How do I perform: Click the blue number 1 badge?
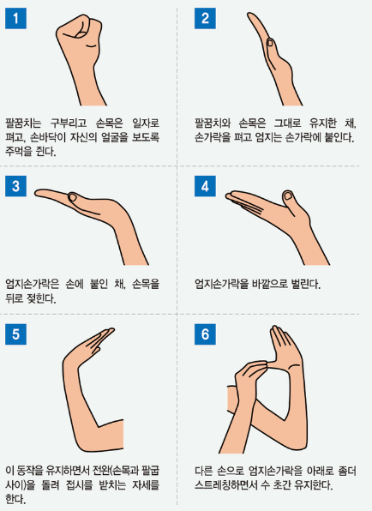tap(15, 18)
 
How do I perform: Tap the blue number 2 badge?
tap(205, 18)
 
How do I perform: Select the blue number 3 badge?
tap(15, 186)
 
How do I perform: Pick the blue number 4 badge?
tap(205, 186)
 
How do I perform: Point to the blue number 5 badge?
tap(15, 334)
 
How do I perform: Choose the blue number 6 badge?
tap(205, 334)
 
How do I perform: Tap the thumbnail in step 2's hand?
tap(270, 43)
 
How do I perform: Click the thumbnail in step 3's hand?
tap(72, 197)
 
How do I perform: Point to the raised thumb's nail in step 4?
tap(288, 195)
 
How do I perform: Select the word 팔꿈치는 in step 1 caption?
tap(23, 123)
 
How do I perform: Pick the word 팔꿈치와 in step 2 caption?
tap(213, 123)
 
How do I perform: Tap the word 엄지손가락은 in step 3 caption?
tap(33, 284)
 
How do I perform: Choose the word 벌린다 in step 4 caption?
tap(307, 284)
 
